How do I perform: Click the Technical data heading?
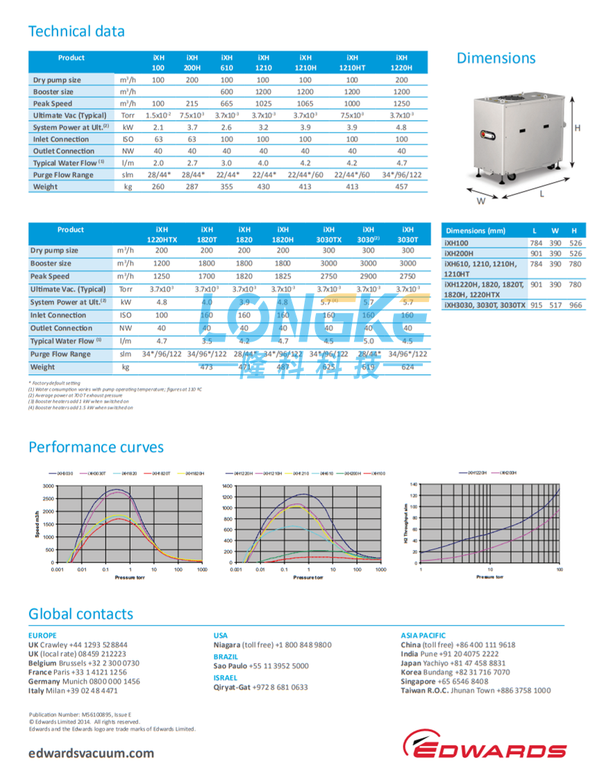pos(76,31)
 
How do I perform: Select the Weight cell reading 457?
pos(401,187)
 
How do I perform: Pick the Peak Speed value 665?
pos(226,103)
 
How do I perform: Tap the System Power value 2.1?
pos(158,128)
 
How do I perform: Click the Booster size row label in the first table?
pos(53,92)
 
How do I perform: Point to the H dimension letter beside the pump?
pos(577,128)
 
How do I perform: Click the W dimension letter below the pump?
pos(479,202)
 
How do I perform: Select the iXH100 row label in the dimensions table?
pos(458,243)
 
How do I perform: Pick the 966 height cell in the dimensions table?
pos(574,305)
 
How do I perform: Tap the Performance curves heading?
pos(96,447)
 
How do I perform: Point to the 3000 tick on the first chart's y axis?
pos(47,485)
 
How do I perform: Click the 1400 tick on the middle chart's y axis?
pos(226,485)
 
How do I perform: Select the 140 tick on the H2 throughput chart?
pos(414,483)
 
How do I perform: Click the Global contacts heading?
pos(81,614)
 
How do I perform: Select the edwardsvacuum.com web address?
pos(92,753)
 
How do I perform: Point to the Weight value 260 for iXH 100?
pos(158,187)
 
